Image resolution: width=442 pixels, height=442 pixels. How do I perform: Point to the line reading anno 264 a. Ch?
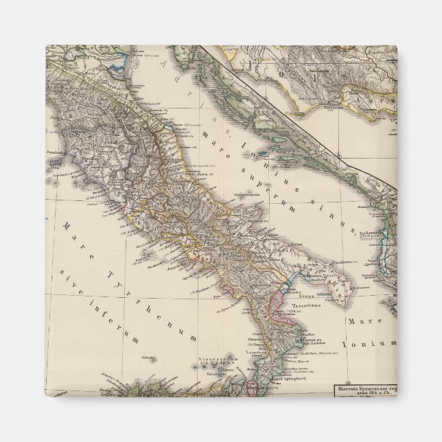coord(367,395)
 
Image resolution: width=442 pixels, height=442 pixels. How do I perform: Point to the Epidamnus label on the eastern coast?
coord(373,233)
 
